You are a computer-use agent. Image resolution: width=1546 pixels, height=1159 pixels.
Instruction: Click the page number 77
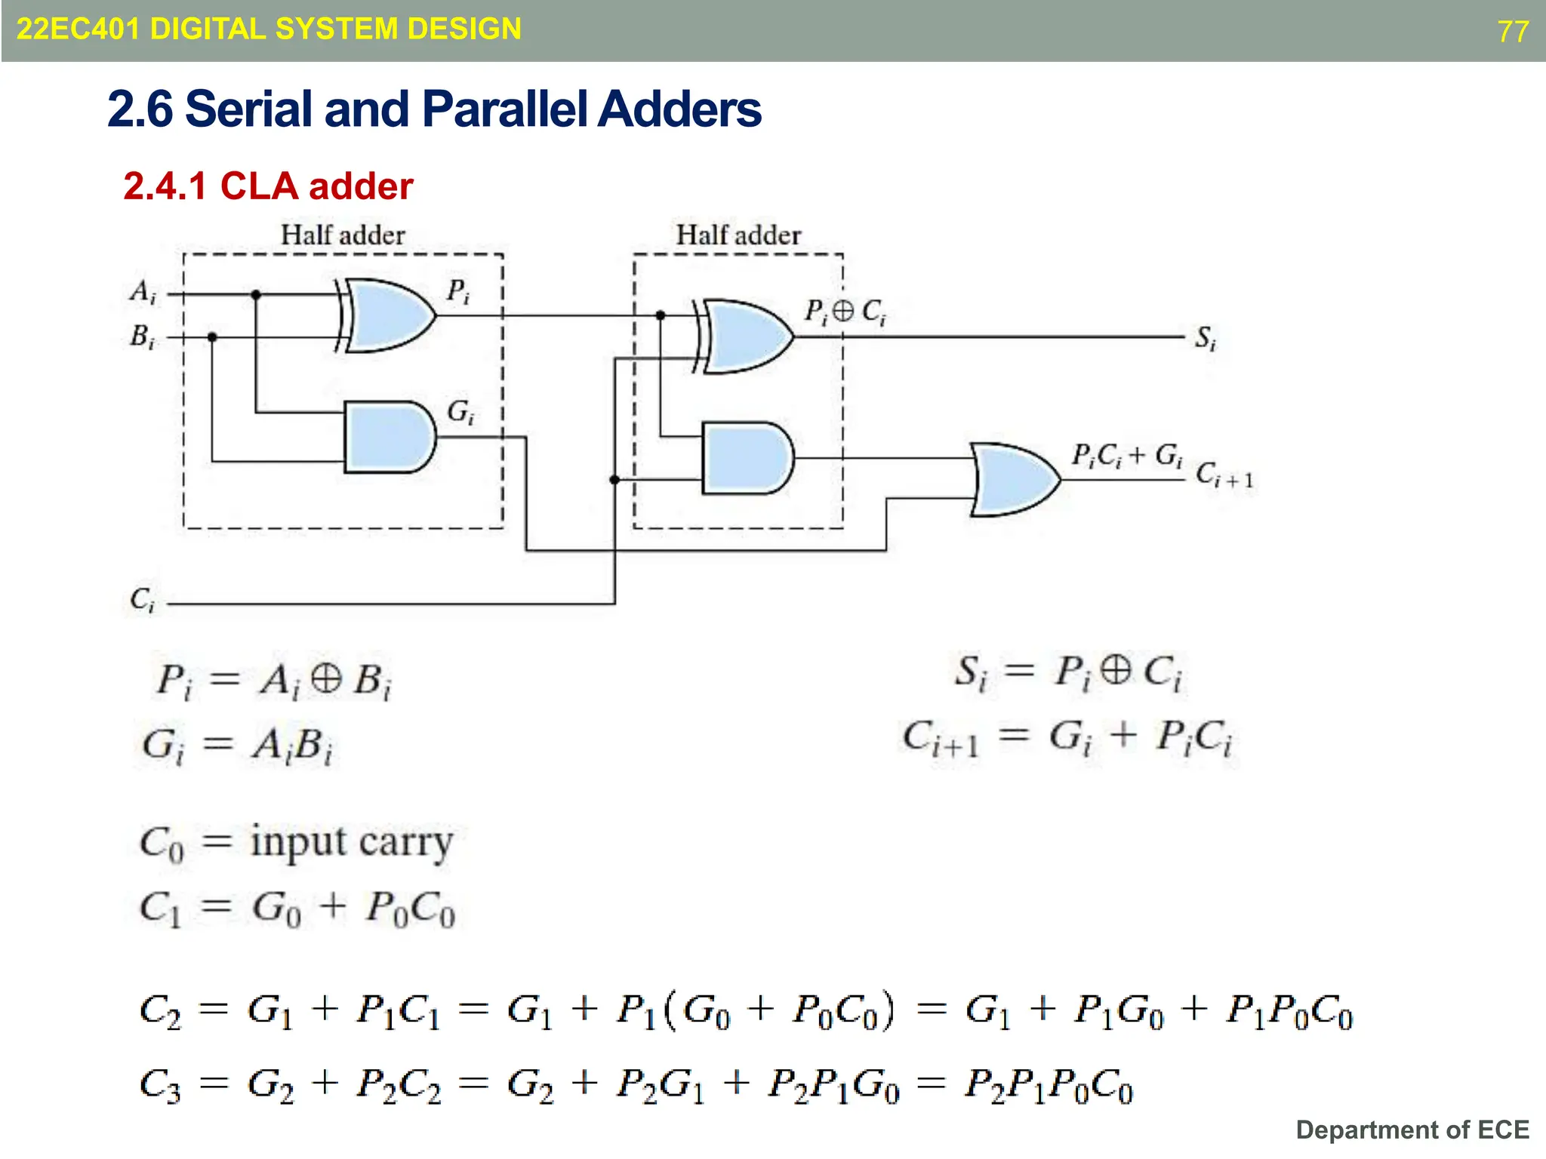click(x=1513, y=32)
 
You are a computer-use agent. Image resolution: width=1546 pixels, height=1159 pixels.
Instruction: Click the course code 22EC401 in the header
click(x=78, y=29)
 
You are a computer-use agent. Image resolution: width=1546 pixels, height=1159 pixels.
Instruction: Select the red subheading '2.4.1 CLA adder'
click(x=268, y=186)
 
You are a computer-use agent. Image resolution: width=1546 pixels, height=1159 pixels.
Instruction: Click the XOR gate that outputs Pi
click(x=390, y=315)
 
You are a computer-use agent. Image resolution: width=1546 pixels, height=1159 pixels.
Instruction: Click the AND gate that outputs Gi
click(x=388, y=437)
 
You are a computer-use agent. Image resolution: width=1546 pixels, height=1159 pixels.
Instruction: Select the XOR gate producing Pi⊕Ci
click(x=747, y=337)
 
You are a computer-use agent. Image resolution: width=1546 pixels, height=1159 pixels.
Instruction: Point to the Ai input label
click(x=143, y=291)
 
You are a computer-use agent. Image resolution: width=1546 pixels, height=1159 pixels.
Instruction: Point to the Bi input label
click(x=143, y=336)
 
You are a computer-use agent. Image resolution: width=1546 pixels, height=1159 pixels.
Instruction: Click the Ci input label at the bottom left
click(x=142, y=600)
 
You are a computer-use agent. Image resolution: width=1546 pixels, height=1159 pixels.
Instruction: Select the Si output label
click(x=1206, y=338)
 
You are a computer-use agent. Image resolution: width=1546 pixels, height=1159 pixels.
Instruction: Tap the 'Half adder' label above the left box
click(x=343, y=235)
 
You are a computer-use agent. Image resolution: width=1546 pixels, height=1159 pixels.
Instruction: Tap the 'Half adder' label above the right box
click(x=738, y=235)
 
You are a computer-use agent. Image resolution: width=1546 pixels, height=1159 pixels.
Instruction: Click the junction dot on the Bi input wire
click(x=212, y=337)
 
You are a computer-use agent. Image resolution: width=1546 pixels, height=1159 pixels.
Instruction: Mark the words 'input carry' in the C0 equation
click(x=352, y=842)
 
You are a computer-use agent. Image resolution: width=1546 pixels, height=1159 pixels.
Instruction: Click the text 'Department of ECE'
click(x=1412, y=1130)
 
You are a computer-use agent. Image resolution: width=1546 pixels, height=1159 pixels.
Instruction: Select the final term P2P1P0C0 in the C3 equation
click(x=1049, y=1086)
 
